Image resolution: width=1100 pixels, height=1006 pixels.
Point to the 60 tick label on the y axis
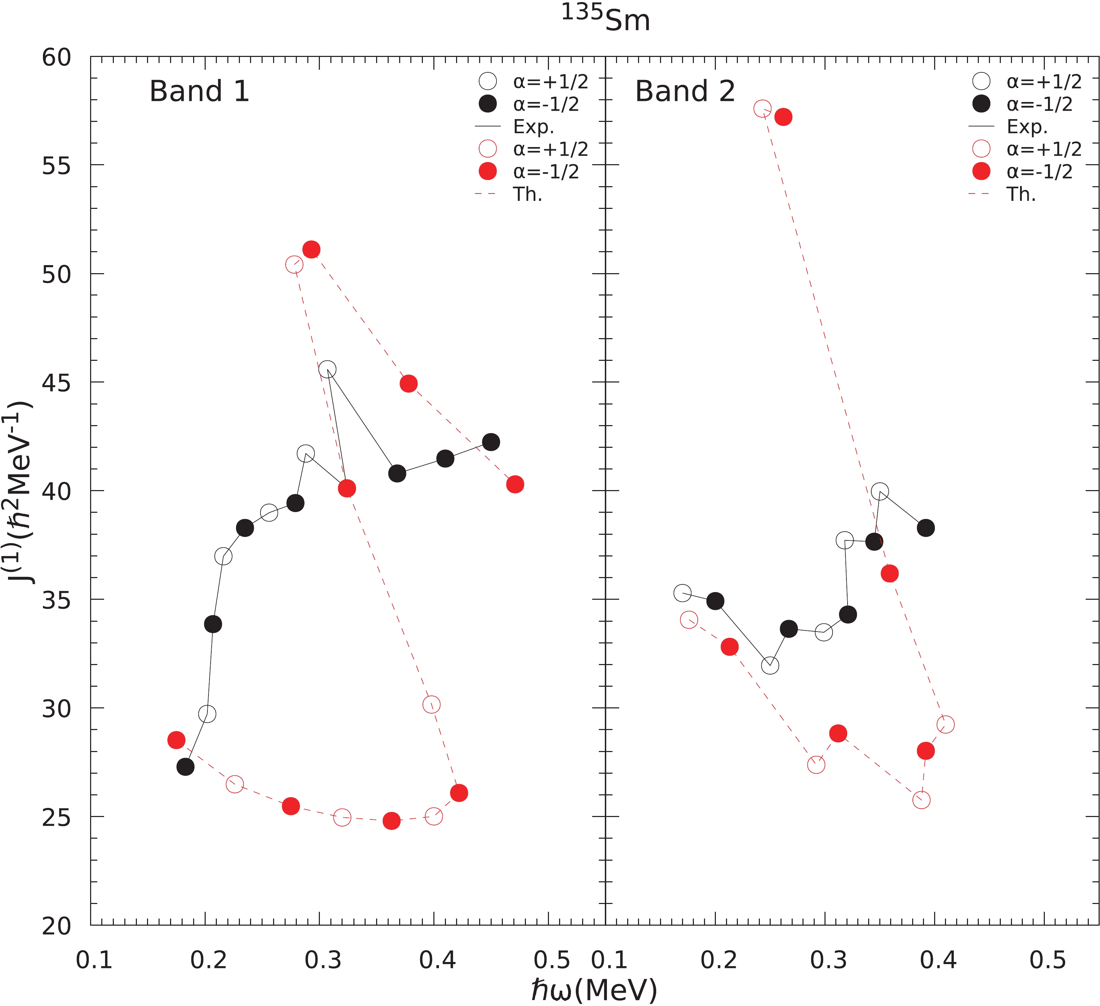pos(56,57)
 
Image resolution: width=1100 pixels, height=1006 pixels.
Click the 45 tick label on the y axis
pos(56,382)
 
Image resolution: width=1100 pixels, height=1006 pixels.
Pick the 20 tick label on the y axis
pos(56,926)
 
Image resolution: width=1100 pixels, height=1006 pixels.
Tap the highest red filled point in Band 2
pos(783,117)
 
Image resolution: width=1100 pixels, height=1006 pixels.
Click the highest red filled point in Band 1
pos(311,249)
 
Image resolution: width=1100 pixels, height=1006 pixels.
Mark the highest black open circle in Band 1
pos(327,370)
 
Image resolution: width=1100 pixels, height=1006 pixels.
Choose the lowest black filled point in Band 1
pos(185,767)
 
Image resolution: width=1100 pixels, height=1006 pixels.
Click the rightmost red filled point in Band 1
pos(514,484)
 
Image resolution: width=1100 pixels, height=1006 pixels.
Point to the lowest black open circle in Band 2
pos(769,665)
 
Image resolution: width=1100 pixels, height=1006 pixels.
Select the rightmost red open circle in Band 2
pos(945,724)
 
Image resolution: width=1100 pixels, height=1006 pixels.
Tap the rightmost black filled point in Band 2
pos(925,528)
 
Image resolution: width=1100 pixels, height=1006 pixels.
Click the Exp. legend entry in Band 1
pos(533,127)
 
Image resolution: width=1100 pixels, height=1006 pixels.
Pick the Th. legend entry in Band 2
pos(1021,194)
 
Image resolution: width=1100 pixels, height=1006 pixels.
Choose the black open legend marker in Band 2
pos(981,81)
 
